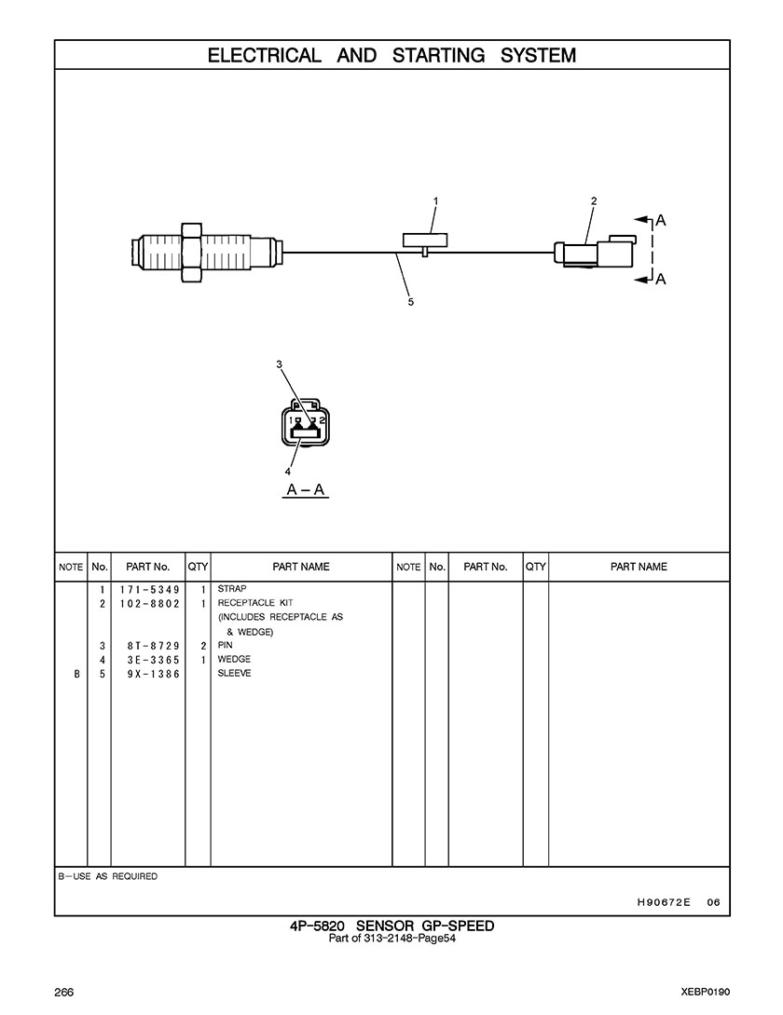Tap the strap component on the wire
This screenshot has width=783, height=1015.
click(424, 240)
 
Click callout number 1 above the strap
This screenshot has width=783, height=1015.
click(435, 200)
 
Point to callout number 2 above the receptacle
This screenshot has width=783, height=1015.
click(594, 200)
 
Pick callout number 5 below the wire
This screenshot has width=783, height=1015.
click(410, 301)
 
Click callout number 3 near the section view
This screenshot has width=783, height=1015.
click(279, 364)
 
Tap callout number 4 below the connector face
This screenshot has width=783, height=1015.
click(287, 471)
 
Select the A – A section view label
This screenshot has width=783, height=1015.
click(305, 490)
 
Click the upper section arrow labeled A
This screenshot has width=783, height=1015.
click(659, 221)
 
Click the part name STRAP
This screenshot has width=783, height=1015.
click(232, 589)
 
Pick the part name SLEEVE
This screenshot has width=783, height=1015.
click(235, 673)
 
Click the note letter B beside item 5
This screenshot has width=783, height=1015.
click(76, 674)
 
